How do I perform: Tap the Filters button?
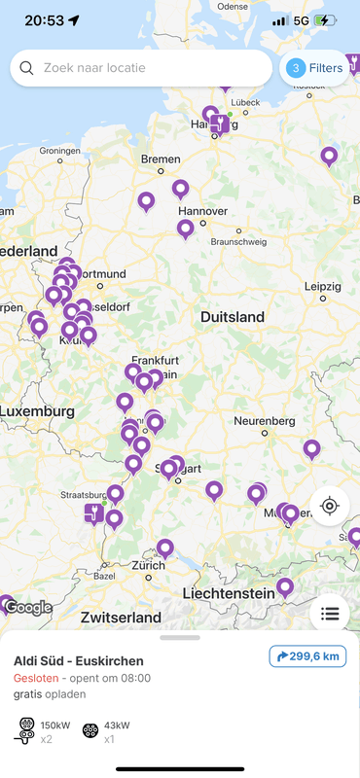click(314, 68)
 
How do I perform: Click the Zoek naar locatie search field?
click(141, 68)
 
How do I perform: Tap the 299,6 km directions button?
click(307, 656)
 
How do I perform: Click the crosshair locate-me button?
click(330, 506)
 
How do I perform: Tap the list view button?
click(330, 614)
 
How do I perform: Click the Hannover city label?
click(202, 211)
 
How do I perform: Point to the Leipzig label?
click(322, 286)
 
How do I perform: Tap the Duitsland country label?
click(232, 317)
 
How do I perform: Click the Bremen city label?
click(161, 159)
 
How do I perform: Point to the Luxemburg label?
click(37, 411)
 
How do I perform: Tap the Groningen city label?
click(59, 151)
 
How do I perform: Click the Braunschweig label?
click(238, 241)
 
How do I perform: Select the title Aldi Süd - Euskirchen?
click(78, 661)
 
